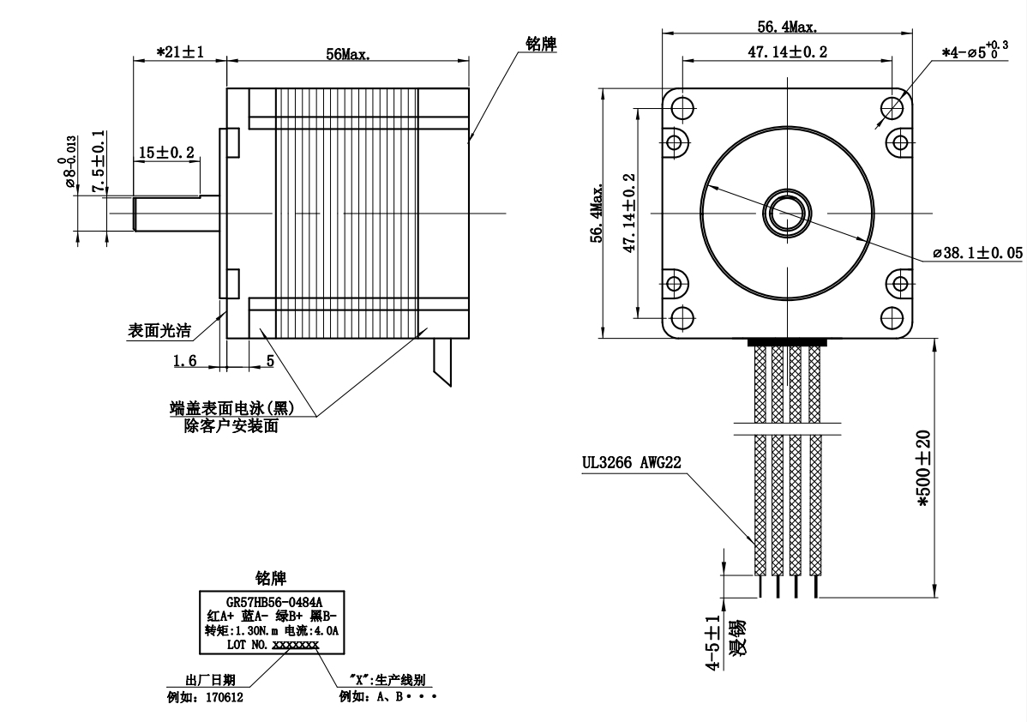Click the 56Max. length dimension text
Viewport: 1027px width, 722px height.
click(347, 54)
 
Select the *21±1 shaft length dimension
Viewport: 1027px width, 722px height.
click(179, 52)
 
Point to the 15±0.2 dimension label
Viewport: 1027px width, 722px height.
click(166, 153)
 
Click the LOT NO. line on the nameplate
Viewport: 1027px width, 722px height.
click(272, 643)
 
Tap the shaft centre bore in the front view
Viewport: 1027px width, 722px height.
click(787, 212)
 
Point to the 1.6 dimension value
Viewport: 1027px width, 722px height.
click(185, 361)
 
